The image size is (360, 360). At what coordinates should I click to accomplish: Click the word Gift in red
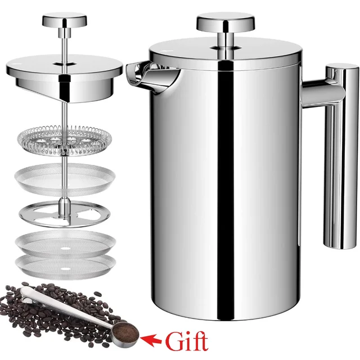pos(186,341)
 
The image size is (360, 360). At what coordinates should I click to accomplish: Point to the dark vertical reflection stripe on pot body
pos(229,186)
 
